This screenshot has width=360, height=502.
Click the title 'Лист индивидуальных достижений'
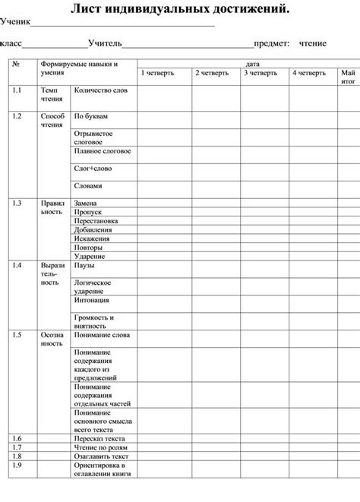click(x=180, y=9)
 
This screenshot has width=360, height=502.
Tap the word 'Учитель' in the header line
click(x=106, y=44)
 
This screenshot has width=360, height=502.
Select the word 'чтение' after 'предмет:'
click(x=313, y=44)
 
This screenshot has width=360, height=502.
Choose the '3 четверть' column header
click(x=261, y=74)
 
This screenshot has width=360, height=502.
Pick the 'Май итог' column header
click(x=348, y=77)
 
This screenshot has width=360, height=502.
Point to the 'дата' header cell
click(x=253, y=65)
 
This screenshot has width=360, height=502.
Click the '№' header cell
click(x=16, y=65)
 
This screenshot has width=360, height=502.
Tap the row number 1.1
click(x=17, y=90)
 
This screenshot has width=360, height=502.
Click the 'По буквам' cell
click(x=91, y=117)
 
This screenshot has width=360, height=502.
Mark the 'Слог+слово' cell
click(x=93, y=167)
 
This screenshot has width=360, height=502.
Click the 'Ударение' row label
click(x=90, y=257)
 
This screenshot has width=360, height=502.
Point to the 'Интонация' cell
click(x=91, y=300)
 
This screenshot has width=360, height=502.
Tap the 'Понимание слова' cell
click(x=101, y=335)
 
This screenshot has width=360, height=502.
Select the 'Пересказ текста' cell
click(x=99, y=439)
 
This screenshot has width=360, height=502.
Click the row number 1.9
click(x=17, y=465)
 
